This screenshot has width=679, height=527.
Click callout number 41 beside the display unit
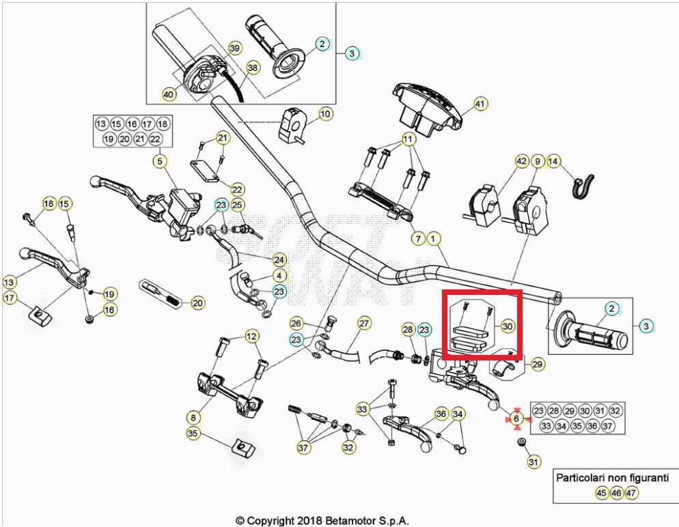(x=480, y=104)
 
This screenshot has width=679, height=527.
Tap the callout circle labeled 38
(x=253, y=68)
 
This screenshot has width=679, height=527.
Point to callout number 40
(x=169, y=94)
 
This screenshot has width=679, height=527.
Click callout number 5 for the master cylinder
(x=160, y=162)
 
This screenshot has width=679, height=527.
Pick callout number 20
(x=197, y=302)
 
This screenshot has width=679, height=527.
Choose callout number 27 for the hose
(x=364, y=322)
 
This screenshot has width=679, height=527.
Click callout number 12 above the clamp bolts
(x=252, y=336)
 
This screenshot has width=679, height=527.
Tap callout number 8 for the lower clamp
(x=193, y=416)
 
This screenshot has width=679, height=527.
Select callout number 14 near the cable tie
(x=553, y=162)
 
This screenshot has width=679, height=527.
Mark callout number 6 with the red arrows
(x=517, y=418)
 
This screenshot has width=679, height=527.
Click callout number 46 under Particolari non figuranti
(x=616, y=492)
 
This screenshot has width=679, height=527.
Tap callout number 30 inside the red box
(x=507, y=326)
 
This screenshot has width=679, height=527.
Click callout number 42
(x=522, y=162)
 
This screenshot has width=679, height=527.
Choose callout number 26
(x=296, y=322)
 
